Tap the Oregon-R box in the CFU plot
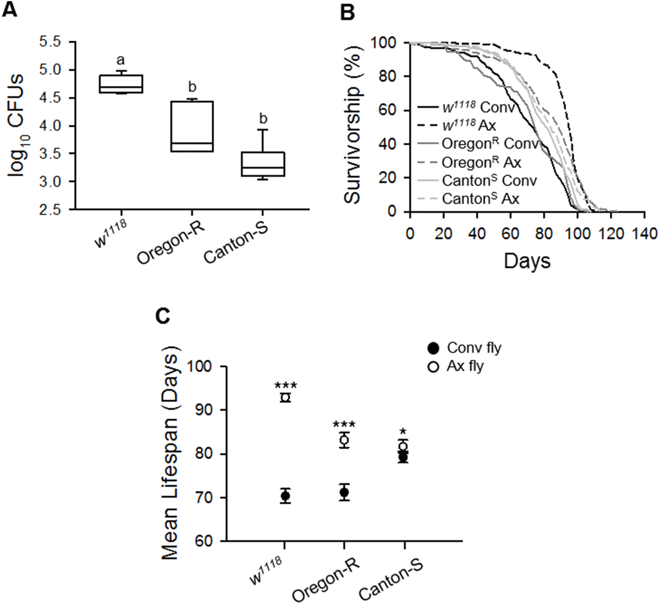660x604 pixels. coord(191,126)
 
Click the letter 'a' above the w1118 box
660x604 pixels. coord(121,59)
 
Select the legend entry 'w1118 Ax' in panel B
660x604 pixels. coord(470,126)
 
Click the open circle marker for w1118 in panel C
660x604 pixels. coord(285,398)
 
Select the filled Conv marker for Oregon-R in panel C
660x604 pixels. coord(344,492)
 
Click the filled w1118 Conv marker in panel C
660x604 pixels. coord(285,496)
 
